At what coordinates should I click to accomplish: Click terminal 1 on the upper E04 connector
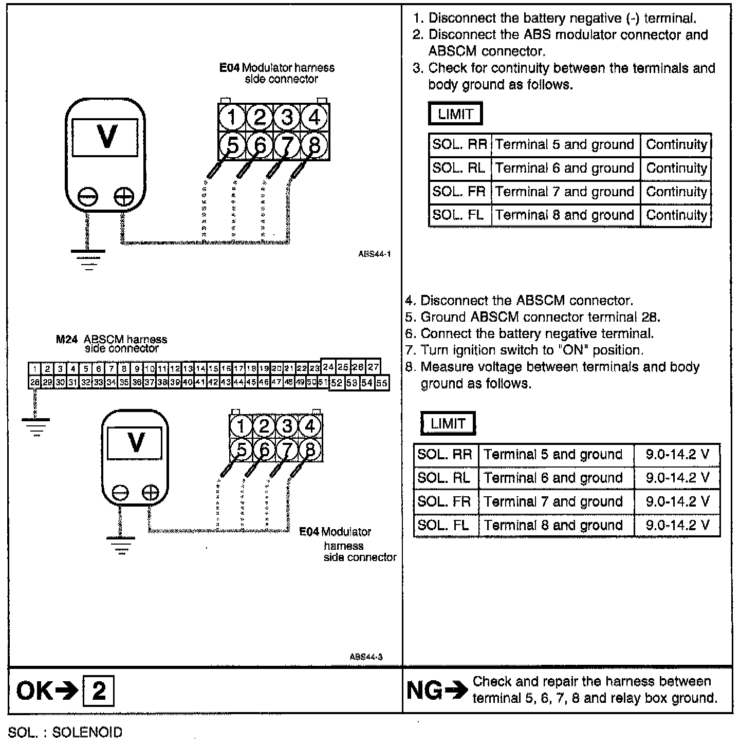coord(232,118)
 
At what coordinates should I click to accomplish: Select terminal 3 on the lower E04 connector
coord(287,426)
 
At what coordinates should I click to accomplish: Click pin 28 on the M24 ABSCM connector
coord(34,383)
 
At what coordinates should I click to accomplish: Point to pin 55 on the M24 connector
coord(382,383)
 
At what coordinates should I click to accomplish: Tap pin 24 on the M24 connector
coord(328,367)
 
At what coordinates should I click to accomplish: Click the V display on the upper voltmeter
coord(105,137)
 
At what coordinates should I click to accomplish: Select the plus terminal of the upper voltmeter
coord(123,196)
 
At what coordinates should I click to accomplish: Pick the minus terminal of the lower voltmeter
coord(120,493)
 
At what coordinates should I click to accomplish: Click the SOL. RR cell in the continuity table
coord(459,144)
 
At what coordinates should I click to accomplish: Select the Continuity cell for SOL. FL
coord(676,215)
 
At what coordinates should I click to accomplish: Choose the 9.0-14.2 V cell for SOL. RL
coord(677,478)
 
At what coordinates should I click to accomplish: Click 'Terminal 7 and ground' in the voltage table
coord(553,501)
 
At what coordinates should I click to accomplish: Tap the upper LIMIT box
coord(455,114)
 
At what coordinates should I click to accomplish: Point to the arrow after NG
coord(455,690)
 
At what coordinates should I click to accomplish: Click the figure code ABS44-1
coord(375,254)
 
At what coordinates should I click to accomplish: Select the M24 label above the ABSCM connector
coord(66,340)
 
